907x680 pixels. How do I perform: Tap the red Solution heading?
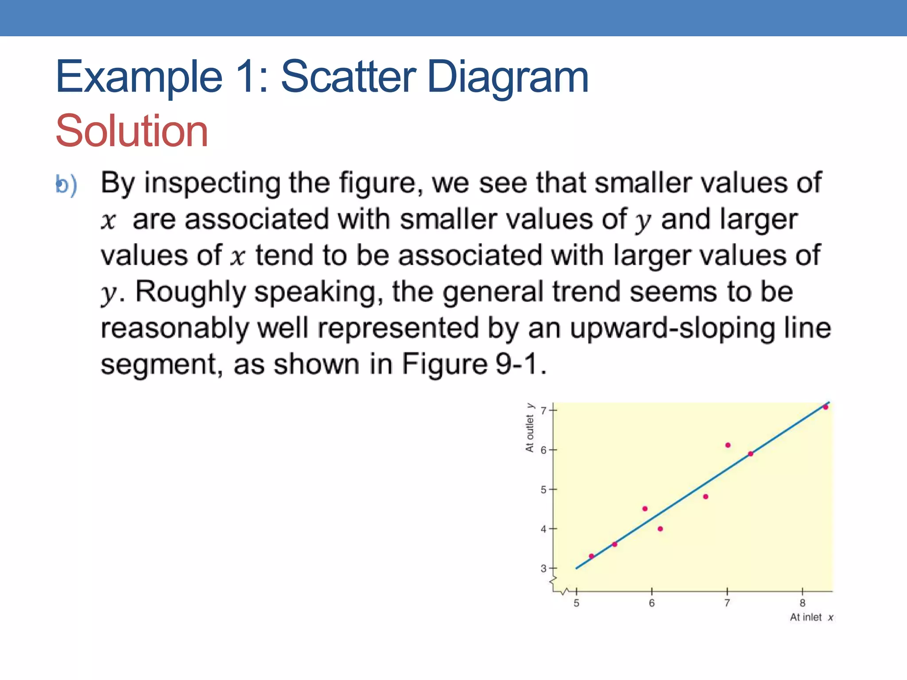(x=132, y=131)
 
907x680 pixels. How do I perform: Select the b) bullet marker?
(x=66, y=184)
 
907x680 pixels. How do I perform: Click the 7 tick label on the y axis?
(x=543, y=410)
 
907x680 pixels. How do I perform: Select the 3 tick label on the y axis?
(x=543, y=568)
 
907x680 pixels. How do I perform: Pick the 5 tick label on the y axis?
(x=543, y=490)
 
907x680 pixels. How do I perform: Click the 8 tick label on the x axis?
(x=802, y=603)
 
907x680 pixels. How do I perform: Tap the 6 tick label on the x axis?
(x=651, y=603)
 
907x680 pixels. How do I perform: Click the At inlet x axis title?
(x=811, y=617)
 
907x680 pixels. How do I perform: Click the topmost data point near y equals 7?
(x=826, y=407)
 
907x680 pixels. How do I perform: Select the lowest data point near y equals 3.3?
(x=591, y=556)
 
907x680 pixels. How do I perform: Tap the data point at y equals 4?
(x=660, y=529)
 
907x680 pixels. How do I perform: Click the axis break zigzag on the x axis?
(x=566, y=591)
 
